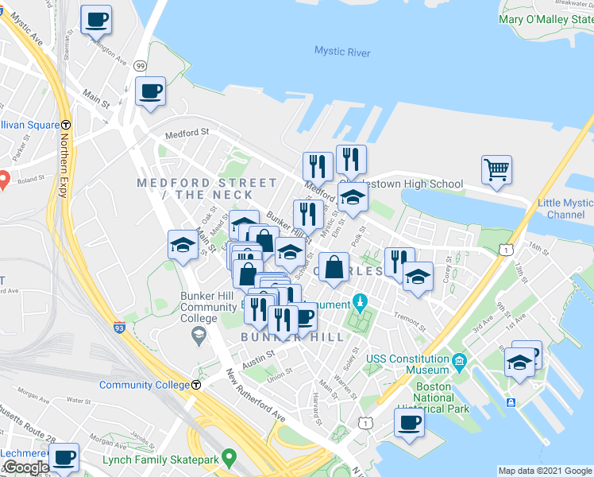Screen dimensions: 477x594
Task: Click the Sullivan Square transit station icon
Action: coord(67,125)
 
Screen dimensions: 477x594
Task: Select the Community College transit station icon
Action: coord(195,386)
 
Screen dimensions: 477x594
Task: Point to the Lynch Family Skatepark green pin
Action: coord(229,458)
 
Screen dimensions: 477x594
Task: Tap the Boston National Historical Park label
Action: coord(434,398)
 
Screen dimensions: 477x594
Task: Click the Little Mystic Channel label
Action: coord(565,209)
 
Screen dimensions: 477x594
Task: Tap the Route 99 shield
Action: coord(140,65)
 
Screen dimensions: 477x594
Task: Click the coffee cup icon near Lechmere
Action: coord(64,457)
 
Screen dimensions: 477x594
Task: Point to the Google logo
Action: coord(26,467)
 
